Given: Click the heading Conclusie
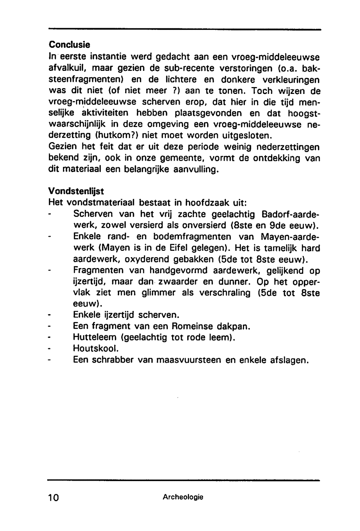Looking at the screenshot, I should pyautogui.click(x=69, y=45).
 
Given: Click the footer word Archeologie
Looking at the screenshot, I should pyautogui.click(x=183, y=497).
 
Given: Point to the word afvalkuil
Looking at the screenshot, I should pyautogui.click(x=65, y=68).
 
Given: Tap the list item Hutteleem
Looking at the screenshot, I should pyautogui.click(x=95, y=337).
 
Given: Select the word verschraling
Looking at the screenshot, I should pyautogui.click(x=223, y=293).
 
